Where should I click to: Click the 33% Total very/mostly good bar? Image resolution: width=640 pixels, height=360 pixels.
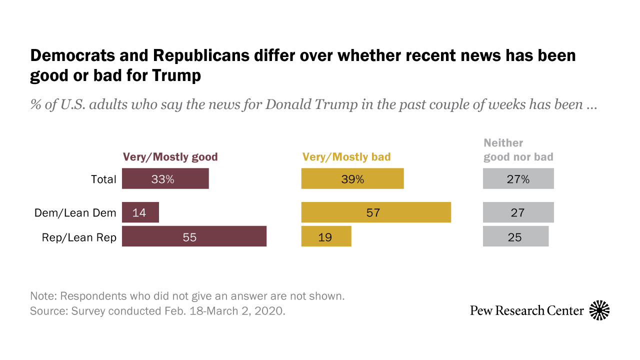click(x=165, y=178)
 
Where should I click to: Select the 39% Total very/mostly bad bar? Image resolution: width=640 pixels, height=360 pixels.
click(x=352, y=178)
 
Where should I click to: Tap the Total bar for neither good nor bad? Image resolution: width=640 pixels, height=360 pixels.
click(x=518, y=178)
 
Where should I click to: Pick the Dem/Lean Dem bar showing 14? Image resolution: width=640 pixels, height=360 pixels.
click(x=140, y=212)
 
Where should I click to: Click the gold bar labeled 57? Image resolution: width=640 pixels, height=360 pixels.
click(x=376, y=212)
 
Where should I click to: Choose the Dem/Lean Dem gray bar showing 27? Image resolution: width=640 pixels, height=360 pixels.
click(x=518, y=212)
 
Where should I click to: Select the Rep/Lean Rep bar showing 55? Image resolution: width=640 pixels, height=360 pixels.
click(x=194, y=236)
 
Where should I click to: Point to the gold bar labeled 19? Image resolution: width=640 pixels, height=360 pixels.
click(x=326, y=236)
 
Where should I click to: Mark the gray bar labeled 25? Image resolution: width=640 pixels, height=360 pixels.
click(x=515, y=236)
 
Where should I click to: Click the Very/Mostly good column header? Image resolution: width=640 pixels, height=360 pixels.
click(x=170, y=157)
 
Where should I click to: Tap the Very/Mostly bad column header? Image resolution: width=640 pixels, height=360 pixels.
click(x=346, y=157)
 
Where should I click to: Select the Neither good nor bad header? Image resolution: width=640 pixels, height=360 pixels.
click(x=518, y=150)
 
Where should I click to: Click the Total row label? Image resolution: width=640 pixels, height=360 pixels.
click(x=103, y=179)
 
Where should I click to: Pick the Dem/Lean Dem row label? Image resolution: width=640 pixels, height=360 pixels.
click(x=75, y=213)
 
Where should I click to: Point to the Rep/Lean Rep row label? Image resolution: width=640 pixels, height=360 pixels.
click(x=79, y=237)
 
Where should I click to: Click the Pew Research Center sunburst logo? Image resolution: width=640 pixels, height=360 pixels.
click(x=599, y=310)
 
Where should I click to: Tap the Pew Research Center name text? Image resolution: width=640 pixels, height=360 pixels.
click(x=526, y=310)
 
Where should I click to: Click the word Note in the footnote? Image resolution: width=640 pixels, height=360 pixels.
click(x=42, y=295)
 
